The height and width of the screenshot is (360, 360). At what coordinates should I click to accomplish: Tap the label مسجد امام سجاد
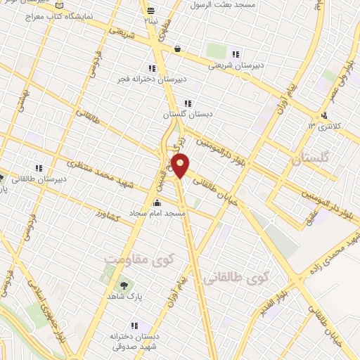coord(156,212)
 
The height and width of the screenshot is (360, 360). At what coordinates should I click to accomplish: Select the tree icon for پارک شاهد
coord(124,285)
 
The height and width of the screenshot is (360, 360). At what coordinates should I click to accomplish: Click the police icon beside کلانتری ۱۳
coord(323,116)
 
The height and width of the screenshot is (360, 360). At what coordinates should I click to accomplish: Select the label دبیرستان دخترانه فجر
coord(153,79)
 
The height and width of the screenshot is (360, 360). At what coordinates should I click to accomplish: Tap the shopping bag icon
coord(176,49)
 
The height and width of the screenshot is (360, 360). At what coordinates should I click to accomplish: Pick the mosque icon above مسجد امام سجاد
coord(156,202)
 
